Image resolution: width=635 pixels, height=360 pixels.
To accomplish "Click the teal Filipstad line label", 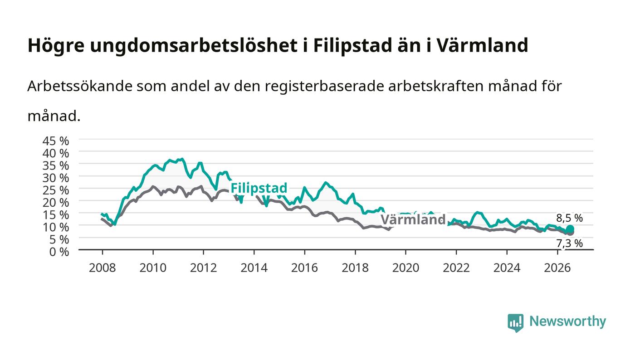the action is pos(259,188).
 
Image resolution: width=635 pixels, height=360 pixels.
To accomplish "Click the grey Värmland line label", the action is pos(413,220).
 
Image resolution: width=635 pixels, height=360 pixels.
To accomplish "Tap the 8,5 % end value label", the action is pos(570,218).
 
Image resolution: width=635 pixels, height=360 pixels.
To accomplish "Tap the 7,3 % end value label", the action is pos(570,243).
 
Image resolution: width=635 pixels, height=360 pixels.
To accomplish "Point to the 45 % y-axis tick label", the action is pos(55,141).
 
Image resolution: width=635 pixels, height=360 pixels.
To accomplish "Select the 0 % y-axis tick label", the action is pos(59,252).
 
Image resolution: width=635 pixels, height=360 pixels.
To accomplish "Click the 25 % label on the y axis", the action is pos(55,190).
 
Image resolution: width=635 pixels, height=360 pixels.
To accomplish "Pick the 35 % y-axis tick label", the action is pos(55,165).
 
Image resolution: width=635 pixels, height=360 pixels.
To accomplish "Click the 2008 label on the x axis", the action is pos(103,268).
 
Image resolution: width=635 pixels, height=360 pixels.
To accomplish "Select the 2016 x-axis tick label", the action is pos(304,268).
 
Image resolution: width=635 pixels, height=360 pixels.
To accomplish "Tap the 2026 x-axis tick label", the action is pos(557,268).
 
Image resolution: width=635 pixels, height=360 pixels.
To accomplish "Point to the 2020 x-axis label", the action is pos(405,268).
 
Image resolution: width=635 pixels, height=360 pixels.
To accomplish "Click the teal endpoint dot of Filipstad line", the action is pos(570,229).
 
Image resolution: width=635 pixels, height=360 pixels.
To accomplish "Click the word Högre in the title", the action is pos(56,46).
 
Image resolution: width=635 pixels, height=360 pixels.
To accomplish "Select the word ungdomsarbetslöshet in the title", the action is pos(194,46).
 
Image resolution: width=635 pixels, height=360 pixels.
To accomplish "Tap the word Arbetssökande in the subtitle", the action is pos(80,86).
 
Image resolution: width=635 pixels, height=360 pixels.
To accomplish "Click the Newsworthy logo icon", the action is pos(515,322).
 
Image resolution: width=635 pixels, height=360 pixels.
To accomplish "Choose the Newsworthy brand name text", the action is pos(567,321).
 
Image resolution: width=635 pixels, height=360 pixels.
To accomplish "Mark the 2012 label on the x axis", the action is pos(203,268).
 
